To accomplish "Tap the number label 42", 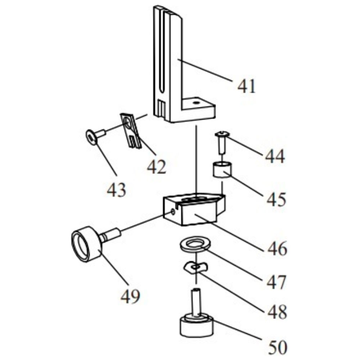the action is [156, 167].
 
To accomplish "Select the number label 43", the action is [117, 190].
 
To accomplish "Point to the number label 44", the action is [275, 156].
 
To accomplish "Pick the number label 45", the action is [276, 199].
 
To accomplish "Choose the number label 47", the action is [276, 282].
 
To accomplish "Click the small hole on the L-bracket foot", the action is [195, 103].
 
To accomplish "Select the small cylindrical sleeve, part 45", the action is [222, 170].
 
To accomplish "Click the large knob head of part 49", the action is [86, 244].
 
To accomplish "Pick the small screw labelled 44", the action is [221, 142].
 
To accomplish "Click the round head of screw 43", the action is [92, 138].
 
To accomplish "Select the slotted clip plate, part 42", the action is [130, 130].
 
